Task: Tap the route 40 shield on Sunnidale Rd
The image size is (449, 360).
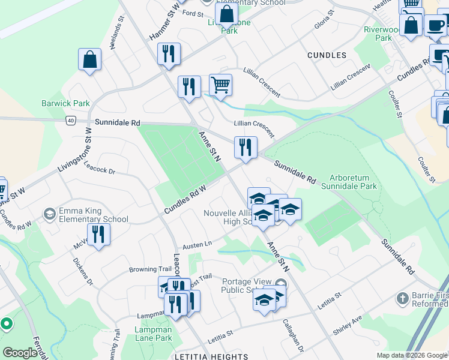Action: click(71, 121)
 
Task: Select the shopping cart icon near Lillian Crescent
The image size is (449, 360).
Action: click(220, 85)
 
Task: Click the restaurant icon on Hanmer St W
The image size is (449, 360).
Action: click(169, 53)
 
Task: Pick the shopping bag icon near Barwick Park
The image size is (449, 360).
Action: click(89, 59)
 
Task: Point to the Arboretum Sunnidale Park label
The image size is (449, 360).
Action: click(353, 182)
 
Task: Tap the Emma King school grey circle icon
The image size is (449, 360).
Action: click(49, 214)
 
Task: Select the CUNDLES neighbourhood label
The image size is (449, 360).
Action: click(327, 55)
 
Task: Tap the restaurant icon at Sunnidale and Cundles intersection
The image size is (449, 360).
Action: click(245, 148)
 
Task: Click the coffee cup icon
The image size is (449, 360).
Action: click(435, 25)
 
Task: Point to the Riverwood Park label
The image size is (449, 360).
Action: click(381, 33)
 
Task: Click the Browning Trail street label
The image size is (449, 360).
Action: click(151, 269)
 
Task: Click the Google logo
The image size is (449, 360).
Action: click(20, 353)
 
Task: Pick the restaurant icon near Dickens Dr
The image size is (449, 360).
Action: click(98, 234)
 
